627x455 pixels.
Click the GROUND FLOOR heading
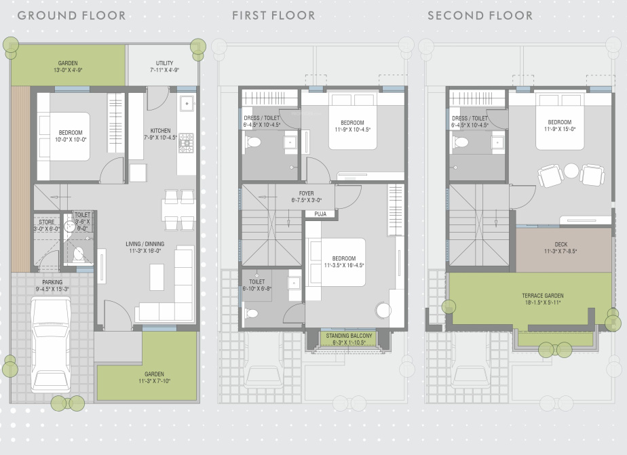pyautogui.click(x=71, y=15)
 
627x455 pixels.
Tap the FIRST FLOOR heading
pyautogui.click(x=275, y=15)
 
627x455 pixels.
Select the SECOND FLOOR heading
pyautogui.click(x=480, y=15)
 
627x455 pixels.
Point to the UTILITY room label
pyautogui.click(x=164, y=62)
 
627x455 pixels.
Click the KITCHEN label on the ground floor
pyautogui.click(x=161, y=131)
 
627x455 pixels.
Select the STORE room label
pyautogui.click(x=46, y=221)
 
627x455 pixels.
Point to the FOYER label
pyautogui.click(x=307, y=193)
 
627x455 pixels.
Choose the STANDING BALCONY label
pyautogui.click(x=347, y=336)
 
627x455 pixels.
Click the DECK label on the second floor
pyautogui.click(x=560, y=244)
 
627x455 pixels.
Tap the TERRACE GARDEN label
pyautogui.click(x=542, y=296)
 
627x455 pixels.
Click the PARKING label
pyautogui.click(x=52, y=282)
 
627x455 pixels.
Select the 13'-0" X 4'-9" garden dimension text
pyautogui.click(x=68, y=70)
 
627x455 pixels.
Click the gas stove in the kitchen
pyautogui.click(x=185, y=141)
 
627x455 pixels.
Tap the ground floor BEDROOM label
pyautogui.click(x=71, y=132)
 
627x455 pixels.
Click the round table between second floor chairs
pyautogui.click(x=571, y=170)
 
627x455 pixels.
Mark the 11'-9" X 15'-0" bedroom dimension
pyautogui.click(x=560, y=129)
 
